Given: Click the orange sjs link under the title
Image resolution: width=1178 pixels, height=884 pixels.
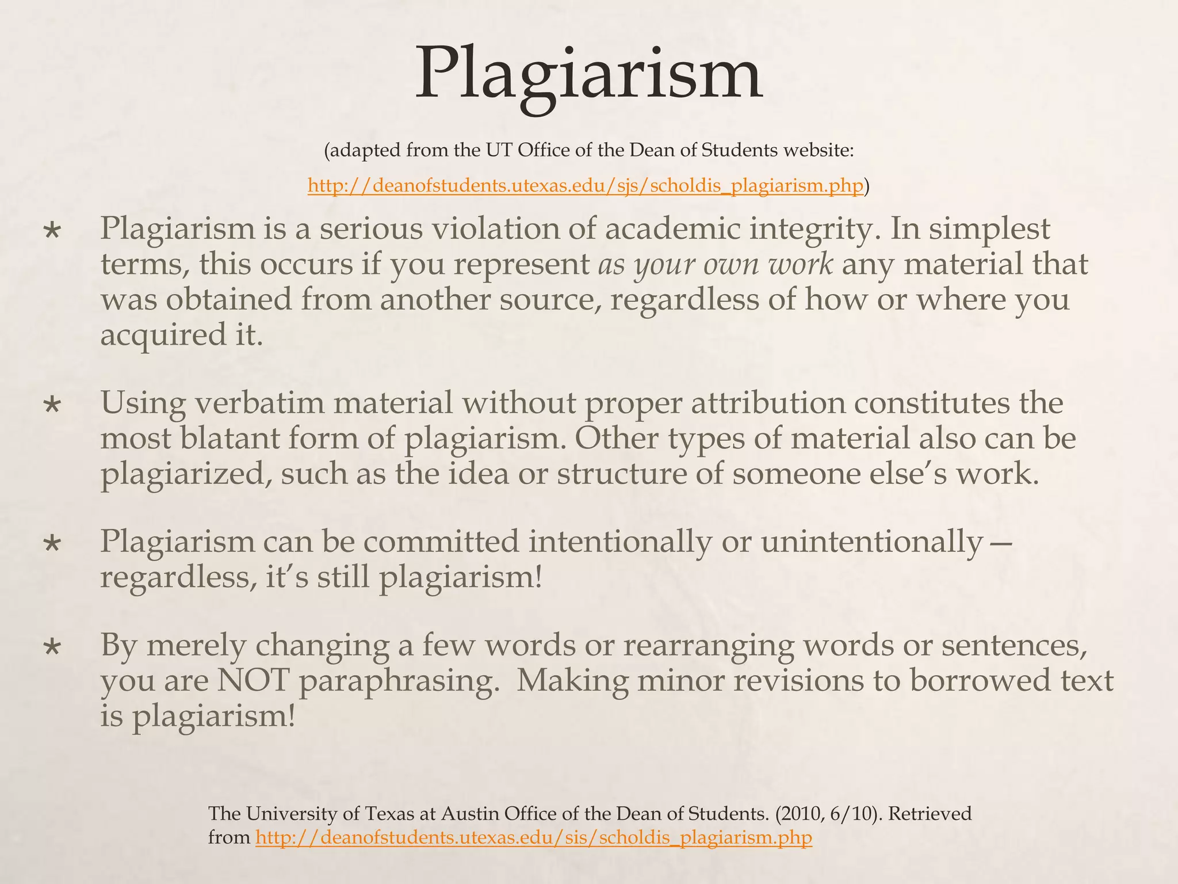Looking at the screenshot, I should click(x=585, y=186).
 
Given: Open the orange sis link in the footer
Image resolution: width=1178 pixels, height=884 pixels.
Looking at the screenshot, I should click(x=533, y=837).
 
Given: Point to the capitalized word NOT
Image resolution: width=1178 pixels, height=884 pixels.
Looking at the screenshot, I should click(x=253, y=681).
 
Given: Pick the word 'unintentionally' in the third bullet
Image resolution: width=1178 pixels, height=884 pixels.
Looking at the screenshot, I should click(x=872, y=542).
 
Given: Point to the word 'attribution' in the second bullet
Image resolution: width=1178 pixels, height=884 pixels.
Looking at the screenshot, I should click(x=768, y=403).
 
